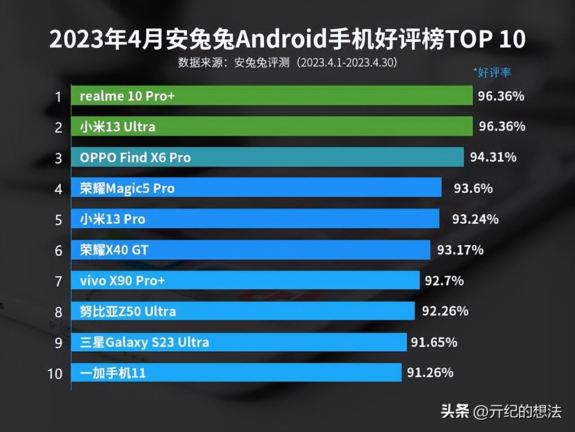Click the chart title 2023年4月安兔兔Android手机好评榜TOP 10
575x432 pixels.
[287, 40]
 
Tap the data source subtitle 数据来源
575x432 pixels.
[287, 63]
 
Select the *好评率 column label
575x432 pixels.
[492, 72]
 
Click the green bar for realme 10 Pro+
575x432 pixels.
[272, 95]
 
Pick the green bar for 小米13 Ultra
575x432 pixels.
[272, 126]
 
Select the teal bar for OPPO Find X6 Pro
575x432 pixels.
[267, 157]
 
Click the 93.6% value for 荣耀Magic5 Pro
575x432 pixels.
[473, 188]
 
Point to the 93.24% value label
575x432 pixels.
[475, 219]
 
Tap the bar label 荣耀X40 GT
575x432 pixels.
[114, 250]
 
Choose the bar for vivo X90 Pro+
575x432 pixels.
[245, 280]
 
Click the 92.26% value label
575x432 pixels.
[445, 311]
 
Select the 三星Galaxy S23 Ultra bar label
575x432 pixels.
[144, 342]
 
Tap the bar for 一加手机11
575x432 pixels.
[236, 373]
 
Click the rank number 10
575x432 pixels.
[55, 373]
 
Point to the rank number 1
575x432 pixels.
[58, 97]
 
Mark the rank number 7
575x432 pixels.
[58, 281]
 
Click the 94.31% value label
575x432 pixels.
[493, 157]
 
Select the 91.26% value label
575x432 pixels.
[430, 373]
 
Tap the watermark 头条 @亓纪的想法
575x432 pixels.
[501, 411]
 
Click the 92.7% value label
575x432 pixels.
[444, 280]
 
